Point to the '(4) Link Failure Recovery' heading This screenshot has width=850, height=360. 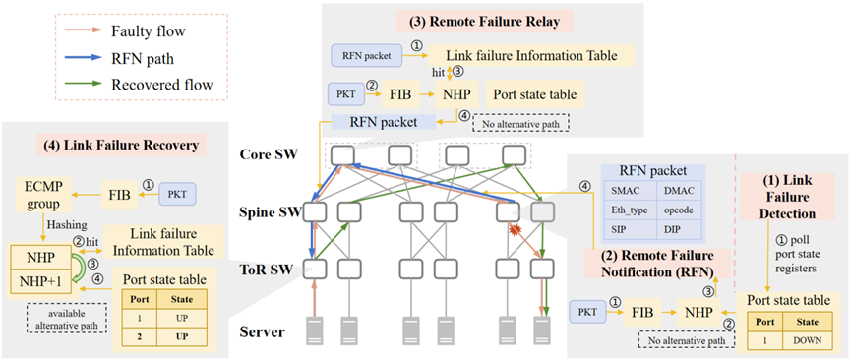click(x=121, y=146)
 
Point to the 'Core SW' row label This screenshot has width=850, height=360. click(x=269, y=154)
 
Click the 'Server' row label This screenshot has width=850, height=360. click(x=263, y=330)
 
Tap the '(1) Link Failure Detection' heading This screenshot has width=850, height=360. click(x=787, y=197)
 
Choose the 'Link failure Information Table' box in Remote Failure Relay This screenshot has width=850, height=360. click(x=530, y=55)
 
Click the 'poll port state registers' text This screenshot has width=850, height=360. click(x=797, y=253)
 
